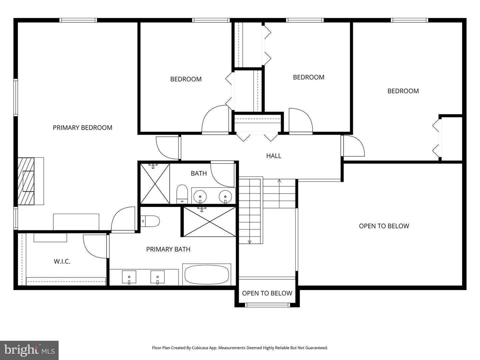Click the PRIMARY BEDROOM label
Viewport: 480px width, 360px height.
(82, 128)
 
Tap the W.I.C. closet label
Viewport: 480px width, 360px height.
(62, 261)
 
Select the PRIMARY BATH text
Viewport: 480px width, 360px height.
(168, 249)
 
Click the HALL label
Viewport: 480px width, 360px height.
(274, 156)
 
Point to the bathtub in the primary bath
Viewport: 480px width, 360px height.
(207, 274)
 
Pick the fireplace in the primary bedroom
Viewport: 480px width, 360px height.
(26, 181)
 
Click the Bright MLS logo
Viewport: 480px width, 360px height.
(29, 350)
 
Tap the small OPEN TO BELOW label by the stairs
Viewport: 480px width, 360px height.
(267, 293)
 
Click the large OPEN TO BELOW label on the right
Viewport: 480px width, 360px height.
(384, 226)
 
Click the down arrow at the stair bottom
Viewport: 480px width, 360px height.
(249, 241)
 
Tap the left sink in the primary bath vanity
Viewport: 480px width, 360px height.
(129, 277)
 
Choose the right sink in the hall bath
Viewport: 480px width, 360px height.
(225, 196)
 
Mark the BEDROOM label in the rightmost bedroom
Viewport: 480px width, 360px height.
(403, 91)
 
